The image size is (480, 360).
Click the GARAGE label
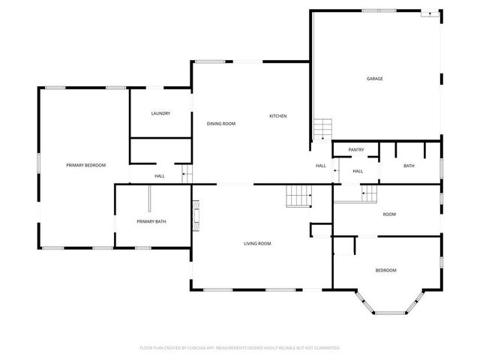[374, 79]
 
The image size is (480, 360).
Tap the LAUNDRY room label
[160, 114]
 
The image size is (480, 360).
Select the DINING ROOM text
[221, 124]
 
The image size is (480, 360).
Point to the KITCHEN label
[278, 116]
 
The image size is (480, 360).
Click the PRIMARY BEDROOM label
[85, 165]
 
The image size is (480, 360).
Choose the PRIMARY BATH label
[151, 221]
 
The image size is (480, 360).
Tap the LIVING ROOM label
[257, 244]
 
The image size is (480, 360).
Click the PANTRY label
[356, 150]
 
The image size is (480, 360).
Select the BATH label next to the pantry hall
[409, 166]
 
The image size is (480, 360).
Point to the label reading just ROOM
[389, 214]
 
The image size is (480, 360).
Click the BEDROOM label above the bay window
[385, 270]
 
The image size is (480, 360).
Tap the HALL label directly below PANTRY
[358, 171]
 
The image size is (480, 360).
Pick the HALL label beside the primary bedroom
[160, 176]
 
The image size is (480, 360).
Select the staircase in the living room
[298, 198]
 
